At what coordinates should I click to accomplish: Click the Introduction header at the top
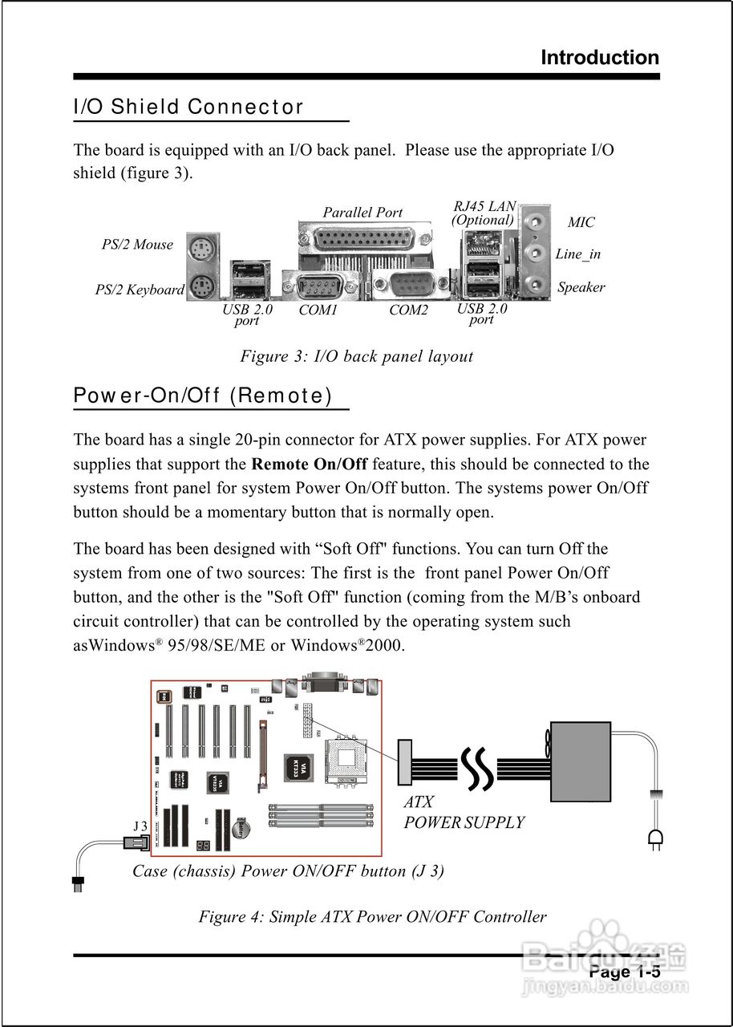point(599,58)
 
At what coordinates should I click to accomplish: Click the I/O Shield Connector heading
point(188,107)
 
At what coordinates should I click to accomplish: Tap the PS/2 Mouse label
point(137,245)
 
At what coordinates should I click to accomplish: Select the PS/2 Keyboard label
point(140,290)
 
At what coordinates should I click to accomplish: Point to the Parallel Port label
point(362,213)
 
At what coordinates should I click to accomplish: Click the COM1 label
point(318,310)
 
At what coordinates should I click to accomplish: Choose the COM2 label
point(409,310)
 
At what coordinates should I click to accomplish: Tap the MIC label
point(581,222)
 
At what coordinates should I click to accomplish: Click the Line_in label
point(577,254)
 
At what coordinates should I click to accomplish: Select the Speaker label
point(581,287)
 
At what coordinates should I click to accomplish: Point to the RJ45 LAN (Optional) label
point(484,213)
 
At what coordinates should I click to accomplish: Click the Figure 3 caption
point(356,356)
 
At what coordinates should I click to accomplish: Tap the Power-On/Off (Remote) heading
point(202,396)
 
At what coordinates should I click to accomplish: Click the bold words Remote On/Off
point(310,464)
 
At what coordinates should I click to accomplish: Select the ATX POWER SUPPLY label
point(464,813)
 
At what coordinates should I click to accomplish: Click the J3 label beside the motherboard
point(140,826)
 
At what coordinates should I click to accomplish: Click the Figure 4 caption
point(372,916)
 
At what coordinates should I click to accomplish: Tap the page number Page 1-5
point(624,972)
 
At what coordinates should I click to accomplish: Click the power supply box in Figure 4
point(580,761)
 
